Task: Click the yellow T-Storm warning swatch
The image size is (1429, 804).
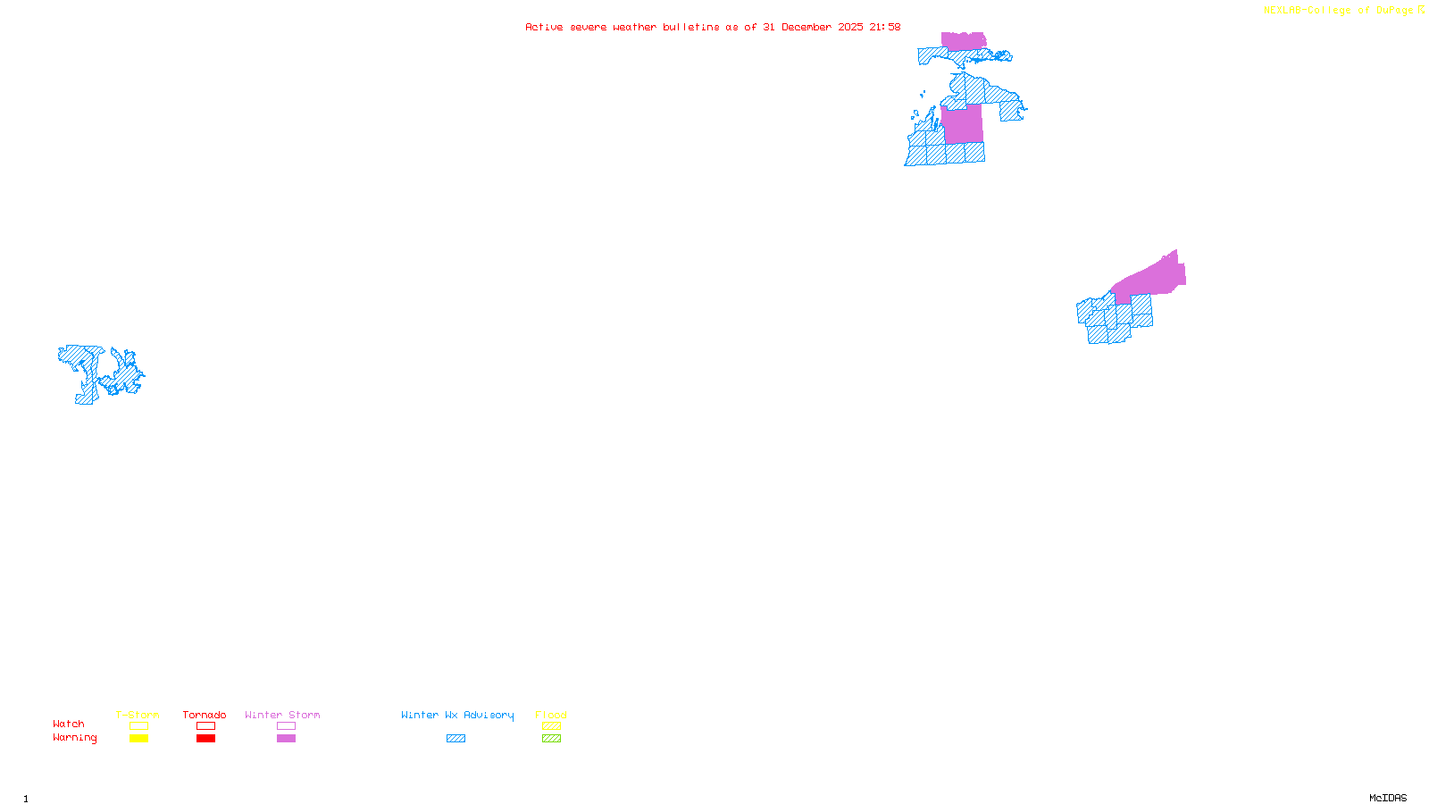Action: tap(138, 739)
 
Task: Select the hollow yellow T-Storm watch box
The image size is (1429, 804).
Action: tap(138, 726)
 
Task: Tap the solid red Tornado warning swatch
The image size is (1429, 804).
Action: tap(205, 739)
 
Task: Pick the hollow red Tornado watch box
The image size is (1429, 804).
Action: tap(205, 726)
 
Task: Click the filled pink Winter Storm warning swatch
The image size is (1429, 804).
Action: tap(286, 739)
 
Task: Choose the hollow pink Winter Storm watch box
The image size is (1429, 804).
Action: tap(286, 726)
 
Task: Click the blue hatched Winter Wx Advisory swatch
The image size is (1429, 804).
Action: tap(455, 739)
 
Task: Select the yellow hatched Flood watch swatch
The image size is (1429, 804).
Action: tap(551, 726)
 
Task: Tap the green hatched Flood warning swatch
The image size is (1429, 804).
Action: tap(551, 739)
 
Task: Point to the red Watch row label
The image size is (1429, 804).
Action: tap(69, 724)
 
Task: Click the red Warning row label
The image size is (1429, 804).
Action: tap(75, 738)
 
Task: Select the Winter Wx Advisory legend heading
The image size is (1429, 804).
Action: tap(457, 715)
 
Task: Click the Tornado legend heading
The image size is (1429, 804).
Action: tap(205, 715)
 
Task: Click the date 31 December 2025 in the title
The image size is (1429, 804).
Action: tap(813, 28)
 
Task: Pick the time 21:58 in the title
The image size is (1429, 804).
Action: tap(885, 28)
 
